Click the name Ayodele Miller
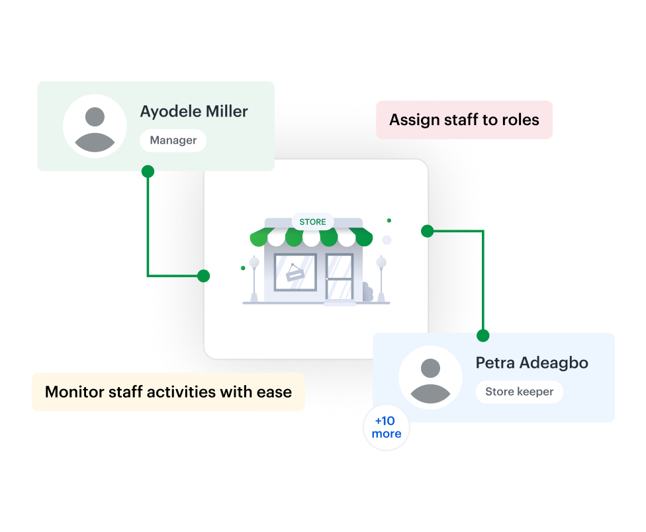(194, 112)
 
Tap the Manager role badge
(173, 140)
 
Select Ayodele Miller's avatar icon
(95, 126)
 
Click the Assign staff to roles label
(464, 120)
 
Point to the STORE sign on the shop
(312, 222)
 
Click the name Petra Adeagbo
(531, 363)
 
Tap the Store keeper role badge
(519, 392)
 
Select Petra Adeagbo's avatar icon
(430, 377)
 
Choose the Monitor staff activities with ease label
(168, 392)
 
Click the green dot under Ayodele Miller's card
(148, 171)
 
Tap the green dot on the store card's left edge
(204, 276)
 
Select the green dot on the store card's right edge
(428, 231)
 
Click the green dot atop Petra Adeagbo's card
(483, 335)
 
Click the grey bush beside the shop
(367, 292)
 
